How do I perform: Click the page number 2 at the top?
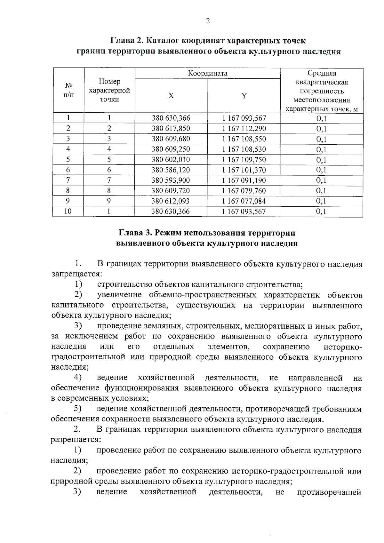[208, 21]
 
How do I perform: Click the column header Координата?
[208, 73]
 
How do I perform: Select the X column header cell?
[171, 96]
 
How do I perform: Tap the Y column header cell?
[244, 96]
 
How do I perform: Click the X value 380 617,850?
[171, 129]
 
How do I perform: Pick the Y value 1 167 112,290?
[244, 129]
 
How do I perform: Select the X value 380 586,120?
[171, 170]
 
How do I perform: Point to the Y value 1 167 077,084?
[244, 201]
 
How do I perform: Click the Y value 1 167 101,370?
[244, 170]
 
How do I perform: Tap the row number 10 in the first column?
[68, 211]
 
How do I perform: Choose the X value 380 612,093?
[171, 201]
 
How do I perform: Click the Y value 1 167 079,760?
[244, 191]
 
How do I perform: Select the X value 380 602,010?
[171, 160]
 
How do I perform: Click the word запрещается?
[76, 274]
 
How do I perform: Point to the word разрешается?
[76, 440]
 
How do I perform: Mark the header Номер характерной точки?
[109, 91]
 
